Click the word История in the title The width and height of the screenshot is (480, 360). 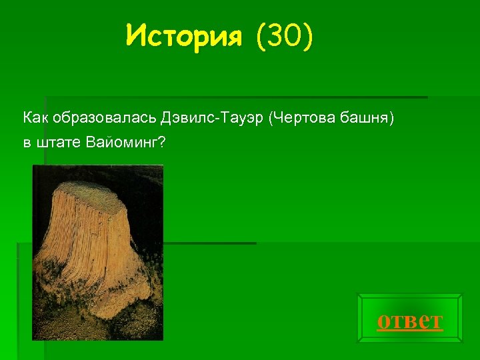point(183,34)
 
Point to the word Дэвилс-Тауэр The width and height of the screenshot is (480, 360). point(213,119)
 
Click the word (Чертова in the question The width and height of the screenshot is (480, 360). point(299,119)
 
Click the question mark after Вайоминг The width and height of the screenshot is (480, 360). point(162,143)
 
